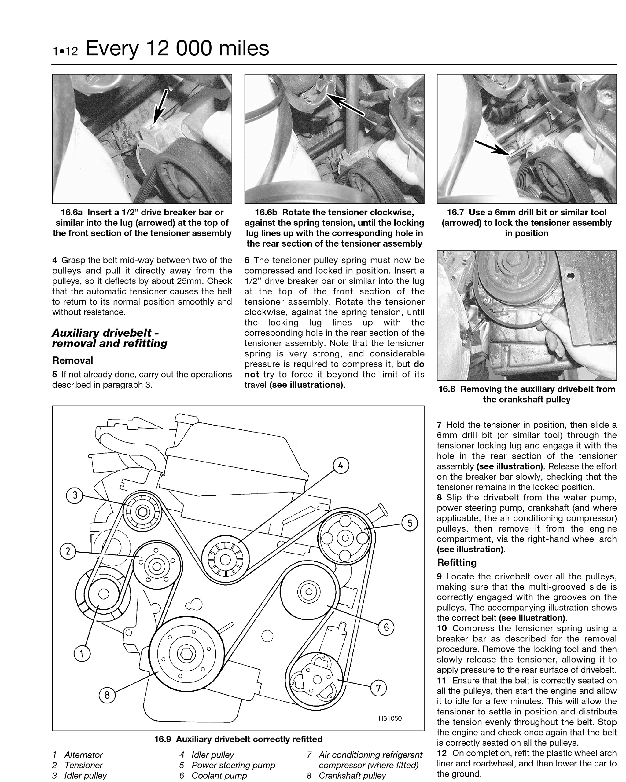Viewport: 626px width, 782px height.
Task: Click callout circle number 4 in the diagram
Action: pyautogui.click(x=341, y=465)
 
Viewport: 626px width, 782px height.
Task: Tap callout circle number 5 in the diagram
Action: pyautogui.click(x=410, y=523)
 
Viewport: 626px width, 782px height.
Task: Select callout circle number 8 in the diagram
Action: pyautogui.click(x=107, y=695)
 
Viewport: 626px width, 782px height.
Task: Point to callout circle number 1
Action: pyautogui.click(x=82, y=654)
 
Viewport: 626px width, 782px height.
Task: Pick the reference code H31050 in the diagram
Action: pyautogui.click(x=390, y=718)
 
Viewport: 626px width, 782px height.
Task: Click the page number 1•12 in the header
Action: pyautogui.click(x=65, y=51)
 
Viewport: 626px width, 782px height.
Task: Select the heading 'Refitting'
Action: pyautogui.click(x=457, y=563)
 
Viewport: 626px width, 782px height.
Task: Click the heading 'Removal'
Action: pyautogui.click(x=72, y=360)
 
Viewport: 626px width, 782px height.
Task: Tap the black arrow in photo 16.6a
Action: pyautogui.click(x=160, y=107)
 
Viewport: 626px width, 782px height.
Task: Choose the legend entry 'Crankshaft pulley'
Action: pyautogui.click(x=352, y=776)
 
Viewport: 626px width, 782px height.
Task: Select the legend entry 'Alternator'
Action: pyautogui.click(x=83, y=755)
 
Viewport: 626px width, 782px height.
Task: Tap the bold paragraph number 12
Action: pyautogui.click(x=442, y=753)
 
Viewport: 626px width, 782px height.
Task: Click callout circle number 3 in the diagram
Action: pyautogui.click(x=75, y=495)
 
